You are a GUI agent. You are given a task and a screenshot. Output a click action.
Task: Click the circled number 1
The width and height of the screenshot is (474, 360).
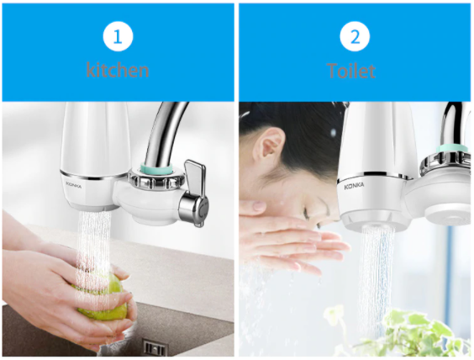tap(118, 36)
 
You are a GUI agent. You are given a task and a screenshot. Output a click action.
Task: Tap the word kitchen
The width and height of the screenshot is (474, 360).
tap(118, 70)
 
